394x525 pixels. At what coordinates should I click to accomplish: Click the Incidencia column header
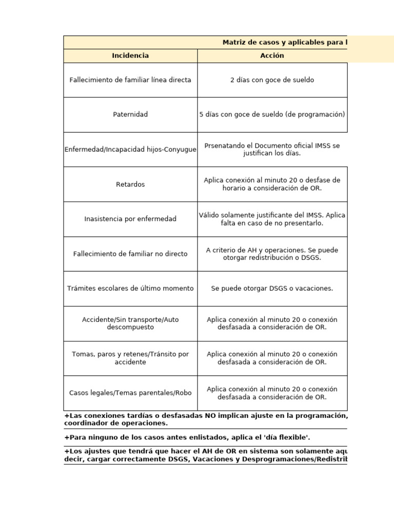tap(130, 55)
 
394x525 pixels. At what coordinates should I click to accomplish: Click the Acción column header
tap(272, 55)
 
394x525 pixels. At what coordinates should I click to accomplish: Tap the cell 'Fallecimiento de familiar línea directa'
tap(130, 80)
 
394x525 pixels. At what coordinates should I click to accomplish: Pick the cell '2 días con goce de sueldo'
tap(272, 80)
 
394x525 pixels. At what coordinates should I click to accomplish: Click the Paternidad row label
tap(130, 114)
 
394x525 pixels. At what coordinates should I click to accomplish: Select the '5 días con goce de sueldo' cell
tap(272, 114)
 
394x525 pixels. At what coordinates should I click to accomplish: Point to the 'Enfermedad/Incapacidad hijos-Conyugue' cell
tap(130, 149)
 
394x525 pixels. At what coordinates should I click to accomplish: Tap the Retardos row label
tap(130, 184)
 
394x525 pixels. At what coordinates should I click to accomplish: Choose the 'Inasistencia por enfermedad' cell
tap(130, 219)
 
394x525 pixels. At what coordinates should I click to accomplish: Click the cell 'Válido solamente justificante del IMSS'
tap(272, 219)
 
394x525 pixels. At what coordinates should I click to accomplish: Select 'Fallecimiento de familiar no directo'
tap(130, 254)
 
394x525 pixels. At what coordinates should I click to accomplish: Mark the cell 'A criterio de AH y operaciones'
tap(272, 254)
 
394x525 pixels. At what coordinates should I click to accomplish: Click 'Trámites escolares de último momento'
tap(130, 289)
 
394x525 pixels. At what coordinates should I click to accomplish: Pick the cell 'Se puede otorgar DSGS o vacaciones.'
tap(272, 289)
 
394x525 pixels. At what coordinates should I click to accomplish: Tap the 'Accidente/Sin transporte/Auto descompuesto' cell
tap(130, 324)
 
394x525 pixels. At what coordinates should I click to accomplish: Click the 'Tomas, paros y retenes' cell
tap(130, 358)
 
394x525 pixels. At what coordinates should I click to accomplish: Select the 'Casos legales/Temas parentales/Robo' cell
tap(130, 393)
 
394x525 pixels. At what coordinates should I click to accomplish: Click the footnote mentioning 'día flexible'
tap(187, 437)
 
